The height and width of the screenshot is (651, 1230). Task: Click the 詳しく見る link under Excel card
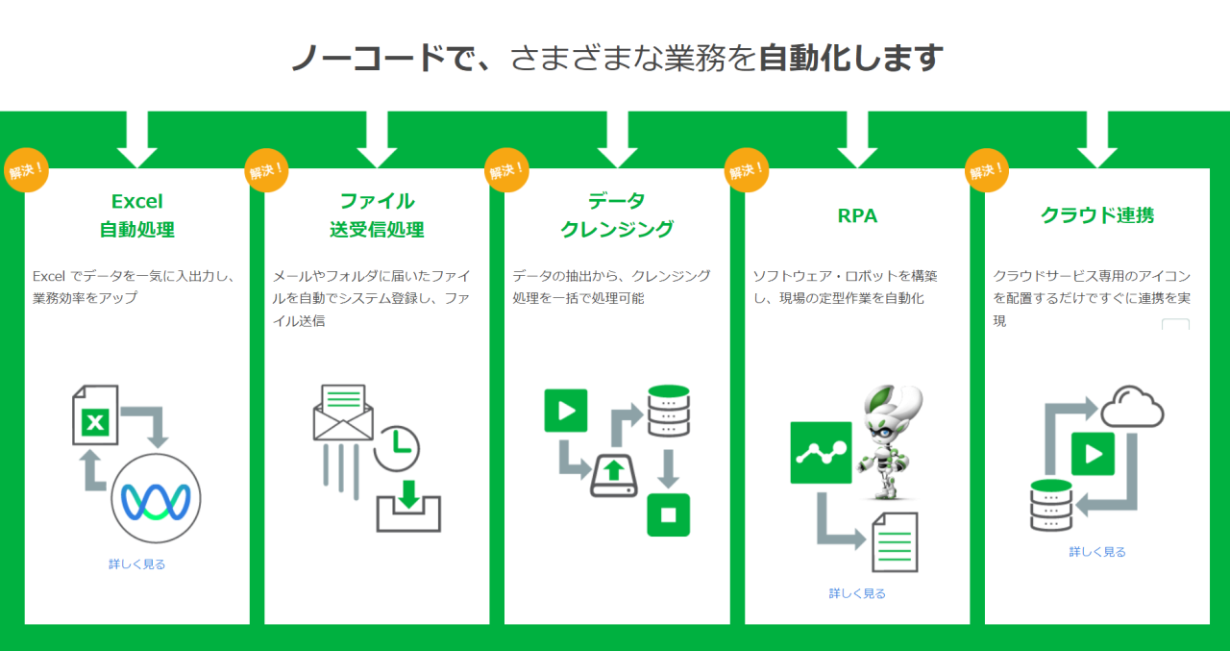tap(136, 564)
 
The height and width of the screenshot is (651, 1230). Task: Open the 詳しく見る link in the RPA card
tap(857, 593)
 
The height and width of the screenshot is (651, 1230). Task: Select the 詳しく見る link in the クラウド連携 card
tap(1097, 552)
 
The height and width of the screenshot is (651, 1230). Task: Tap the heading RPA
tap(857, 216)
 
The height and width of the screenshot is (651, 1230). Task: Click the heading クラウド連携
tap(1097, 215)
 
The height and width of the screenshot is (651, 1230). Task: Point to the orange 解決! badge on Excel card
tap(26, 170)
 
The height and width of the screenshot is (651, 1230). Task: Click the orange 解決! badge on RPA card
tap(747, 170)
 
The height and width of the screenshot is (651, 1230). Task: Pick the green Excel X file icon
tap(95, 414)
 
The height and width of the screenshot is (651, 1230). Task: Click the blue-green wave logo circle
tap(156, 498)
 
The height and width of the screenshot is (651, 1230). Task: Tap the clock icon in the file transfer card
tap(397, 448)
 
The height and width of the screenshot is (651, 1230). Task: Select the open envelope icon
tap(343, 412)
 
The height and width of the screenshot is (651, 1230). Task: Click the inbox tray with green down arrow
tap(408, 507)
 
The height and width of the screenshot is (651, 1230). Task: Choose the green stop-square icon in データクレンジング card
tap(668, 514)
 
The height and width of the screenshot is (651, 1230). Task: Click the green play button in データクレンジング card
tap(566, 411)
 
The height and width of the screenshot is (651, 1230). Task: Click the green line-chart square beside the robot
tap(821, 453)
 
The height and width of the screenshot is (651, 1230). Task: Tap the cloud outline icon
tap(1132, 407)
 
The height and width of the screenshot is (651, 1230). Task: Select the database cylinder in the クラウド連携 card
tap(1051, 506)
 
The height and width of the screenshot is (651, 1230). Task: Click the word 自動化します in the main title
tap(850, 58)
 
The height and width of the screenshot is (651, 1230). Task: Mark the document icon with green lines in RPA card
tap(895, 542)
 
